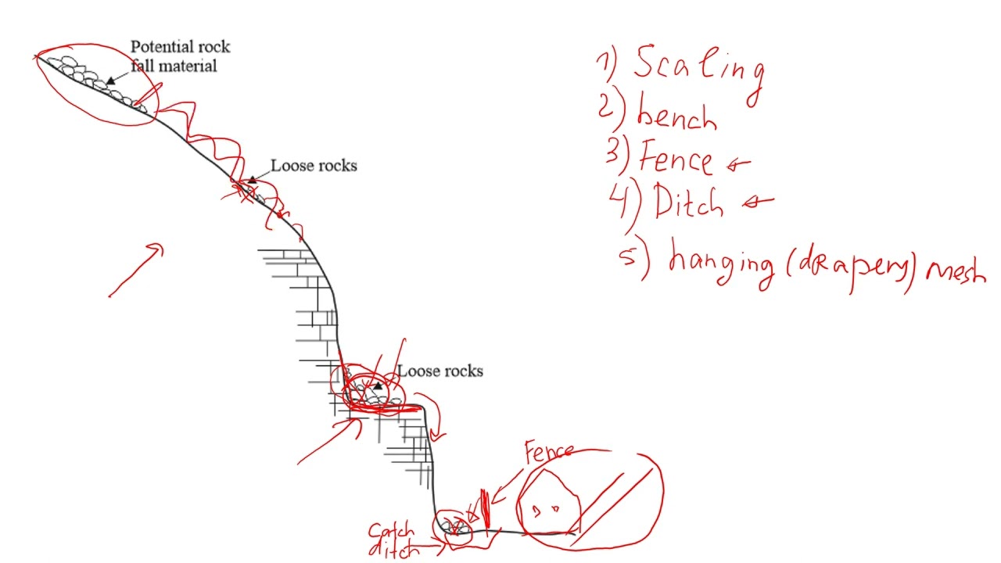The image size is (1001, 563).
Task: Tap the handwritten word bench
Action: (676, 116)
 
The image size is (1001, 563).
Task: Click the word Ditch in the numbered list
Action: (688, 202)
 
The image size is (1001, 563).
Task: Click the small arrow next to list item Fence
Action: (738, 163)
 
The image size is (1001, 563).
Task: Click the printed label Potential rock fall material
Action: (179, 56)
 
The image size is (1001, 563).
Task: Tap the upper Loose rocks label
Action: (314, 166)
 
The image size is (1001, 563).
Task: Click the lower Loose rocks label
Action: (440, 371)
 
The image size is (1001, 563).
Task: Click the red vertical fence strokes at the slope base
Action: (484, 508)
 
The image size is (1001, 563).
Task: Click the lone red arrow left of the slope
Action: (137, 271)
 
